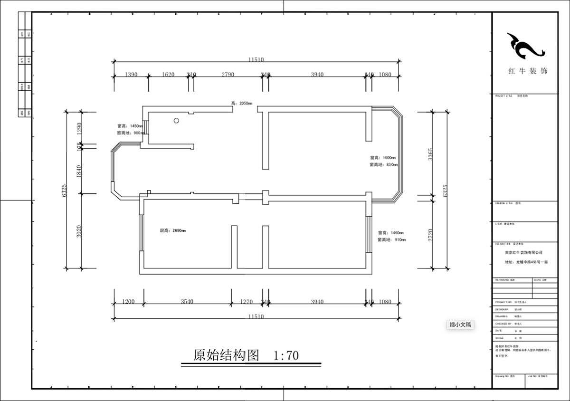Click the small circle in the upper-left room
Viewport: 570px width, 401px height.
(176, 121)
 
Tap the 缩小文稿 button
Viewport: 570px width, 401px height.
(460, 325)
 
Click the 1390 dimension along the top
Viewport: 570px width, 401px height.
(131, 75)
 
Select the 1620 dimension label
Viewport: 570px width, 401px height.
(168, 75)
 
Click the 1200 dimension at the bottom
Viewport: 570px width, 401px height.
(128, 302)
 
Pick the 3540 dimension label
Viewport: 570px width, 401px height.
(187, 302)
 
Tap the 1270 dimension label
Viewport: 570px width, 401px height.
(247, 302)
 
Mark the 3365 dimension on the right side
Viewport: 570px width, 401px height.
(430, 154)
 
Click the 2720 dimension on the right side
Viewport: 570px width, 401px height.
(430, 235)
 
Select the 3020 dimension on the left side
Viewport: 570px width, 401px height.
(79, 231)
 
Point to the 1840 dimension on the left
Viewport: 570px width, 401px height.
(79, 171)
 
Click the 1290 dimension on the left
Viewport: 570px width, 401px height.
(79, 128)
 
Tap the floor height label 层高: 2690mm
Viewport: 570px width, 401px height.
(172, 231)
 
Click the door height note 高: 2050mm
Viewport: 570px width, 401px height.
(242, 103)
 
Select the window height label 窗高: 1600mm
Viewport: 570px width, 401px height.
(383, 158)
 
